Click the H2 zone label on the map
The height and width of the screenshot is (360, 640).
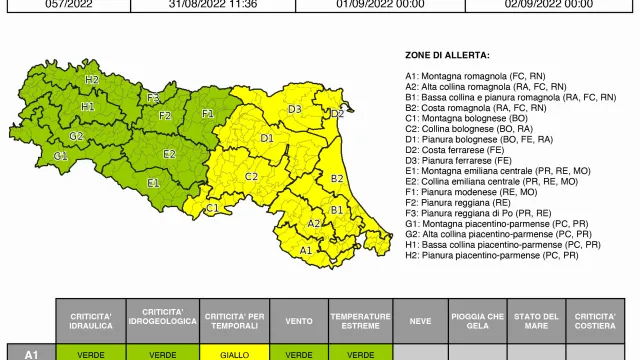tap(92, 79)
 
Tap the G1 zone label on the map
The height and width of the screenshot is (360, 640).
tap(61, 156)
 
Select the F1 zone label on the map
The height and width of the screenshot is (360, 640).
tap(208, 114)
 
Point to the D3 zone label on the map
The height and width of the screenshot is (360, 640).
tap(295, 108)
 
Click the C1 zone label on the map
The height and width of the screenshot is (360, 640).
tap(212, 208)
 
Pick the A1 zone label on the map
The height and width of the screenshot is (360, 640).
tap(305, 250)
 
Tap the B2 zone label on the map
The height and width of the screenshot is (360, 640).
tap(337, 178)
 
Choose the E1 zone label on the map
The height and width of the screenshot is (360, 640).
tap(154, 183)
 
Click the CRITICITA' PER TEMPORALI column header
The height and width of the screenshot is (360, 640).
tap(235, 320)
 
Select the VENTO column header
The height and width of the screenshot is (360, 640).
tap(299, 320)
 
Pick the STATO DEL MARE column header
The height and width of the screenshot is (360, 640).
tap(536, 320)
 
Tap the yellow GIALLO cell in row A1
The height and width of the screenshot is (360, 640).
tap(235, 353)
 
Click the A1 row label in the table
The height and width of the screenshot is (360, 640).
tap(31, 353)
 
